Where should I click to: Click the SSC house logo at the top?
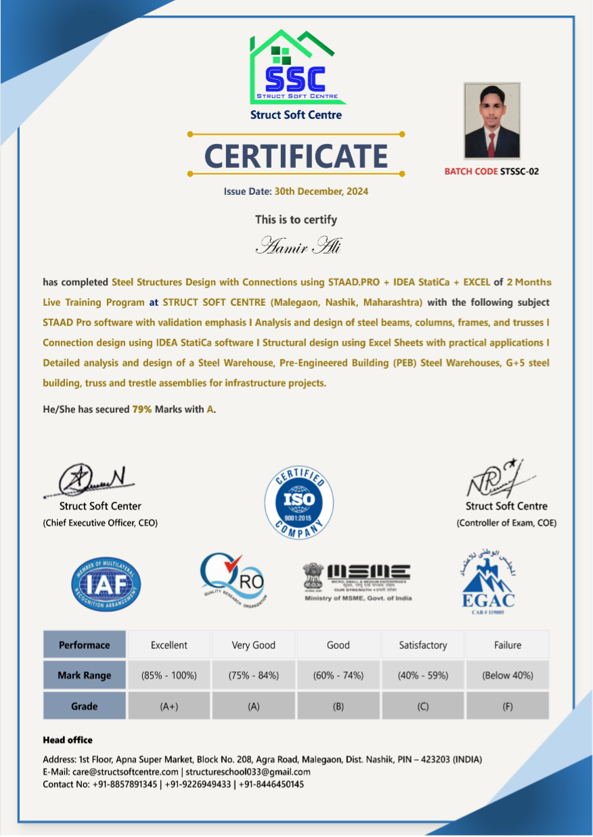pyautogui.click(x=296, y=68)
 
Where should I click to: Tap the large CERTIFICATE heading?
pyautogui.click(x=296, y=156)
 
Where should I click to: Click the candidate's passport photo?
pyautogui.click(x=492, y=121)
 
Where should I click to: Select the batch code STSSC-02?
pyautogui.click(x=519, y=171)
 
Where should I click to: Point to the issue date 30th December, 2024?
pyautogui.click(x=321, y=191)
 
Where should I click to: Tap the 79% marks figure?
pyautogui.click(x=141, y=409)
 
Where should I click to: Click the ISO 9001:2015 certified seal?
pyautogui.click(x=299, y=501)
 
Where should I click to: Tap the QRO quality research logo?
pyautogui.click(x=232, y=579)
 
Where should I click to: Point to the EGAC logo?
pyautogui.click(x=487, y=579)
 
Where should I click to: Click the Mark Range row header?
pyautogui.click(x=85, y=675)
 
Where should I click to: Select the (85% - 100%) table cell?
pyautogui.click(x=169, y=675)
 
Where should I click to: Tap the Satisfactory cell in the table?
pyautogui.click(x=422, y=645)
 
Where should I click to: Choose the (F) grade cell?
pyautogui.click(x=507, y=706)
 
